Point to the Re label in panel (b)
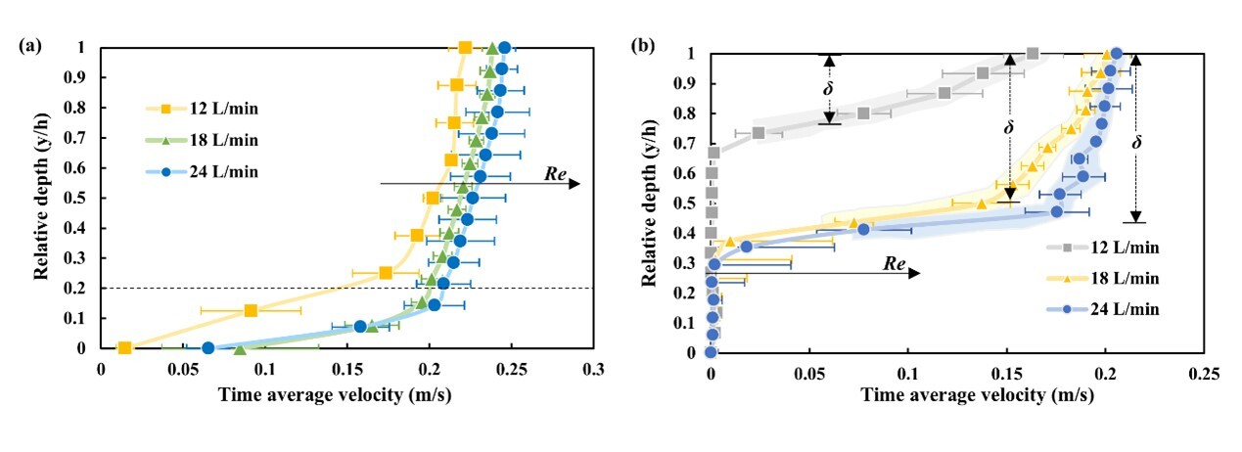[x=893, y=262]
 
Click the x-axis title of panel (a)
[x=347, y=394]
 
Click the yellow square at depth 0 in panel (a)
[x=124, y=348]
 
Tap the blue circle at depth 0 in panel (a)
[x=207, y=348]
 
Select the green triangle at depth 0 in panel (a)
[x=240, y=348]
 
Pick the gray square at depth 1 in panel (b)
[x=1033, y=54]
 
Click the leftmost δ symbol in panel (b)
[x=829, y=88]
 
